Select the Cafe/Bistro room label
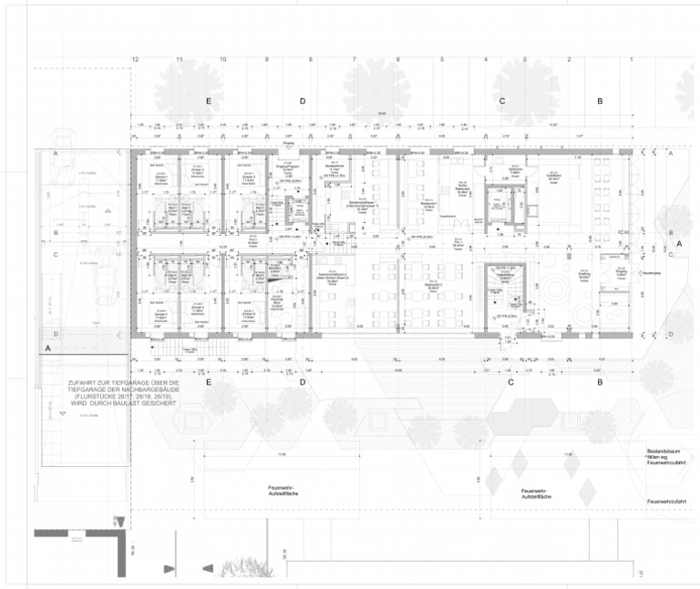(553, 177)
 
